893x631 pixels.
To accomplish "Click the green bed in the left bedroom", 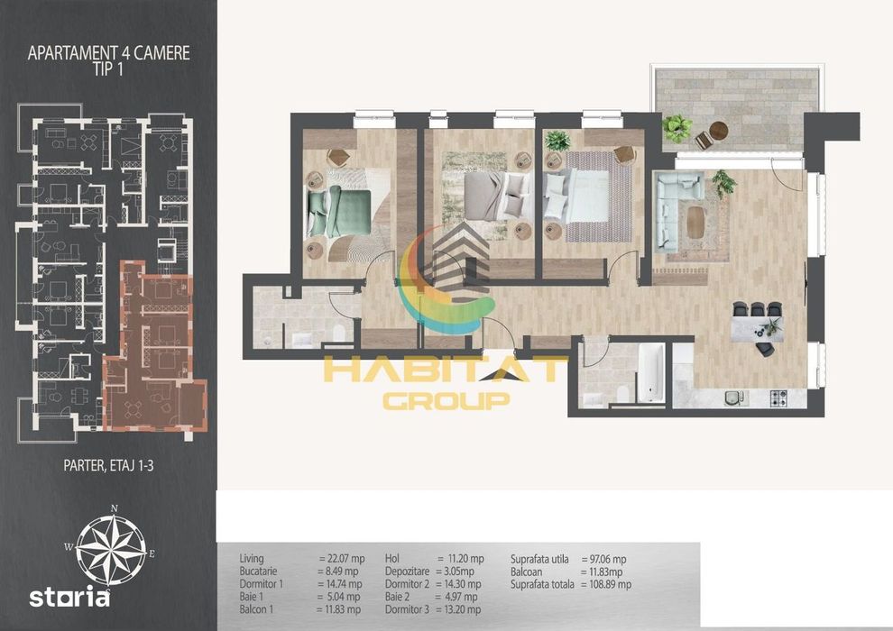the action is pos(339,213).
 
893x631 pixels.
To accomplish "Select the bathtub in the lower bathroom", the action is pos(650,372).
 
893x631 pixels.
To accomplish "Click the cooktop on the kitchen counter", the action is pos(778,398).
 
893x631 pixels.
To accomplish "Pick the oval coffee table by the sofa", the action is pos(695,222).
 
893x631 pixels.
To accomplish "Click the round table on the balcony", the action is pos(719,131).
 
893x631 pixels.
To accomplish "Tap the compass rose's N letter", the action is pos(115,508).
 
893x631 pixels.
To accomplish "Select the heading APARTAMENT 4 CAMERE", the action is pos(109,53).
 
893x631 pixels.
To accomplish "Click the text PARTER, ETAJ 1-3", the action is pos(108,466).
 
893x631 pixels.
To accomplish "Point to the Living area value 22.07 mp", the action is pos(342,559).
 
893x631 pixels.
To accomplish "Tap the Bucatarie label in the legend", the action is pos(259,572).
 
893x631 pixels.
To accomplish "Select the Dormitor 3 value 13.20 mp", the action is pos(458,609).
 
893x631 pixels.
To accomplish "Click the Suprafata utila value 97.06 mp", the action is pos(604,559).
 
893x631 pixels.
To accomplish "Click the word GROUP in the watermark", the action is pos(446,400).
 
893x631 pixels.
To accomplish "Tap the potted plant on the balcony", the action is pos(677,126).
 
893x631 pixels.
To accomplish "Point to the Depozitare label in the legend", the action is pos(407,572).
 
